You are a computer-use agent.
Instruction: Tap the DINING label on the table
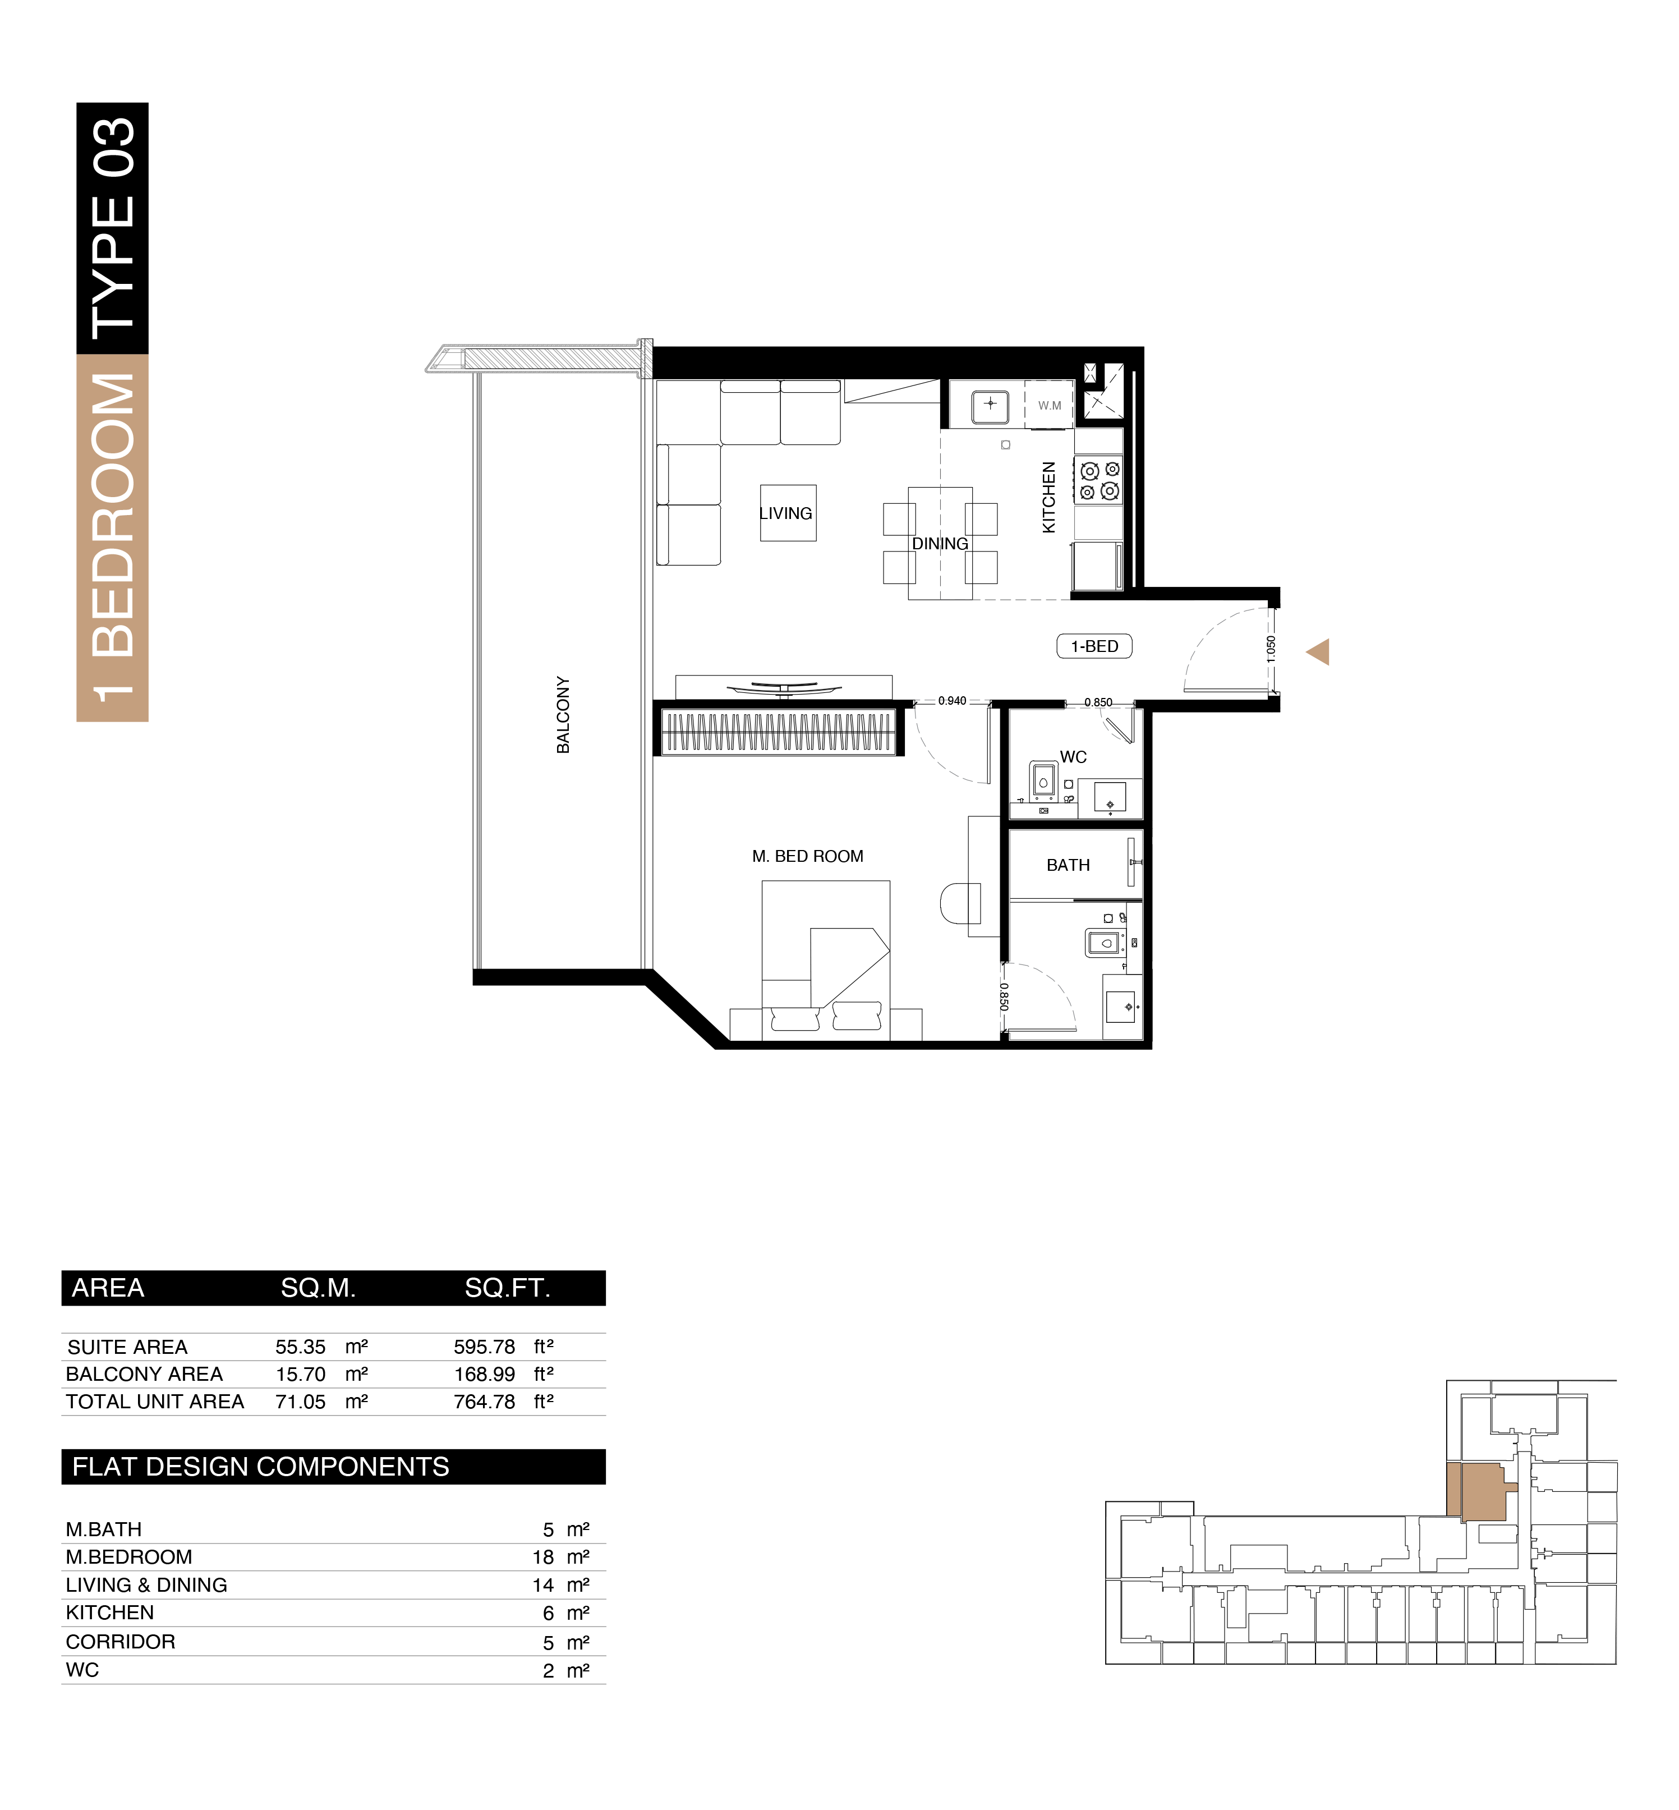point(940,543)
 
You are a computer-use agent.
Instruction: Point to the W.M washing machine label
point(1050,406)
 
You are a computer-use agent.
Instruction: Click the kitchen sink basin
point(990,405)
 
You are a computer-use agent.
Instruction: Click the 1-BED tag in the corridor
point(1094,646)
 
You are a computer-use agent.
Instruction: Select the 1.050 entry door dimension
point(1270,648)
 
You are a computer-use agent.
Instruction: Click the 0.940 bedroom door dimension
point(951,701)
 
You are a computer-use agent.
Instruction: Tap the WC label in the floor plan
point(1073,757)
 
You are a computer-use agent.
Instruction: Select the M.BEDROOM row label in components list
point(129,1556)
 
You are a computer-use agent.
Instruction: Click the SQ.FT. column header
point(507,1288)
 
